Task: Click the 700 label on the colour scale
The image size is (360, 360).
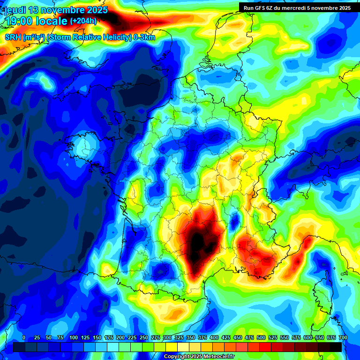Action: [343, 337]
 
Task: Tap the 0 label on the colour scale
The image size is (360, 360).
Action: [23, 337]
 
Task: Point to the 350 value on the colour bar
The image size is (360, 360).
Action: [191, 337]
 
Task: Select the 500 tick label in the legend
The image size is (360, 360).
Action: [261, 337]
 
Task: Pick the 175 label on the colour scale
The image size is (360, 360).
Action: [108, 337]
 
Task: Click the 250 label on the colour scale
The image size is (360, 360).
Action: [144, 337]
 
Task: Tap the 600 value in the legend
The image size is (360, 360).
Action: [307, 337]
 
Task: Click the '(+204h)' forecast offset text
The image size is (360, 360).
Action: [83, 21]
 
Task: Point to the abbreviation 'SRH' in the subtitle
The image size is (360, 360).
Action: [13, 37]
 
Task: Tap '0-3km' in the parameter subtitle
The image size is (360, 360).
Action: [144, 37]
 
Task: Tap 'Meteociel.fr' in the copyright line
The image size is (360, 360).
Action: [219, 356]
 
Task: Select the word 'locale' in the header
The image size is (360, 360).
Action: [52, 21]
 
